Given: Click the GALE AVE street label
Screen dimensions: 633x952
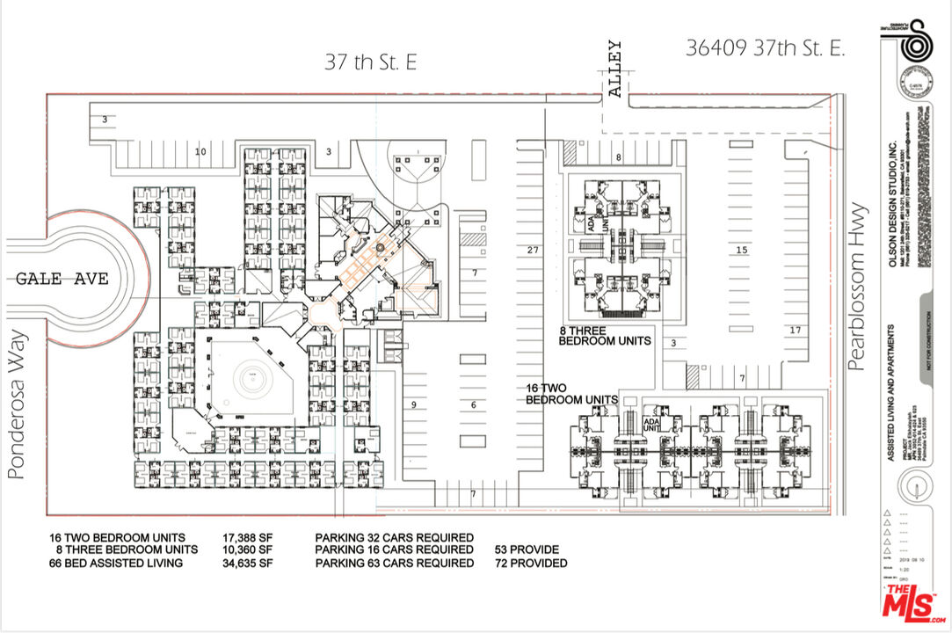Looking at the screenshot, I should (62, 279).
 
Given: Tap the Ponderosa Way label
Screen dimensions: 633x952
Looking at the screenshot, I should (15, 405).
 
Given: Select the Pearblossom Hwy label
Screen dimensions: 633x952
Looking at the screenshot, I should (858, 286).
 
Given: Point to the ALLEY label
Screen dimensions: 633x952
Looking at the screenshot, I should (614, 69).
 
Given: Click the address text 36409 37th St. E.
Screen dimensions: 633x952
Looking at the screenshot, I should (765, 48).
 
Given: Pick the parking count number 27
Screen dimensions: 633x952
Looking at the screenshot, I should (532, 251).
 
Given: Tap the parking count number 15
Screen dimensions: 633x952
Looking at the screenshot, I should (741, 251).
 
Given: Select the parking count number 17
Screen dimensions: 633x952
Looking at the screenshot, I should (795, 331).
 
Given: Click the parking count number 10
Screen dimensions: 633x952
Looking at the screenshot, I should (200, 152).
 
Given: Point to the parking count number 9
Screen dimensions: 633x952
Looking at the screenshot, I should (412, 404).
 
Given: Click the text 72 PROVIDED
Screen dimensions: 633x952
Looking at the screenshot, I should (531, 563).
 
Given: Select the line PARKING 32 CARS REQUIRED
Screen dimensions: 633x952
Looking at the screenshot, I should (395, 537).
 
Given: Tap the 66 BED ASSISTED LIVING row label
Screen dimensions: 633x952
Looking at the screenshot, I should (116, 563).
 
